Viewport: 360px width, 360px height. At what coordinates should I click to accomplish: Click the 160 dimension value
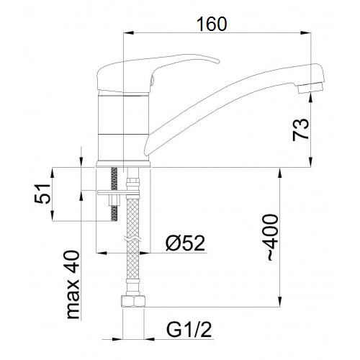pyautogui.click(x=212, y=24)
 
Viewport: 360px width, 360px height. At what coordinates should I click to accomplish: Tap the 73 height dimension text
pyautogui.click(x=300, y=130)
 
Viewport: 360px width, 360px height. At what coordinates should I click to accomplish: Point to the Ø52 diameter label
pyautogui.click(x=186, y=243)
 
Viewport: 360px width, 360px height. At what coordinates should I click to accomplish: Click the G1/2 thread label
pyautogui.click(x=189, y=330)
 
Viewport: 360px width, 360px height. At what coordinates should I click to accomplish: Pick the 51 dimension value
pyautogui.click(x=42, y=194)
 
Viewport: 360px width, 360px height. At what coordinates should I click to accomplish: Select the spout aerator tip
pyautogui.click(x=310, y=88)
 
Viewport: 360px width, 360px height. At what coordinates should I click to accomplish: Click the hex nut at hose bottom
pyautogui.click(x=133, y=302)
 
